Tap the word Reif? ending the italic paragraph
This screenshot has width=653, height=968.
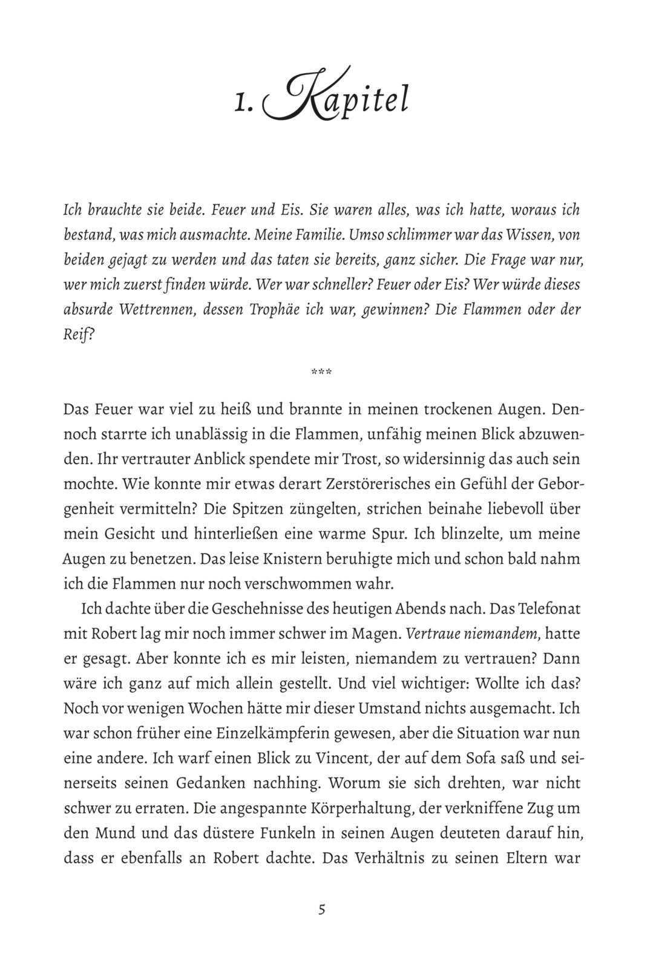pyautogui.click(x=79, y=335)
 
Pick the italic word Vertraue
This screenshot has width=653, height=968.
pyautogui.click(x=432, y=632)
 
